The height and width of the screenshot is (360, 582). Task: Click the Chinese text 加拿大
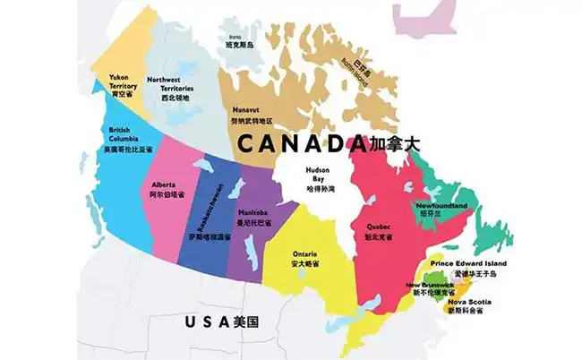tap(394, 143)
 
